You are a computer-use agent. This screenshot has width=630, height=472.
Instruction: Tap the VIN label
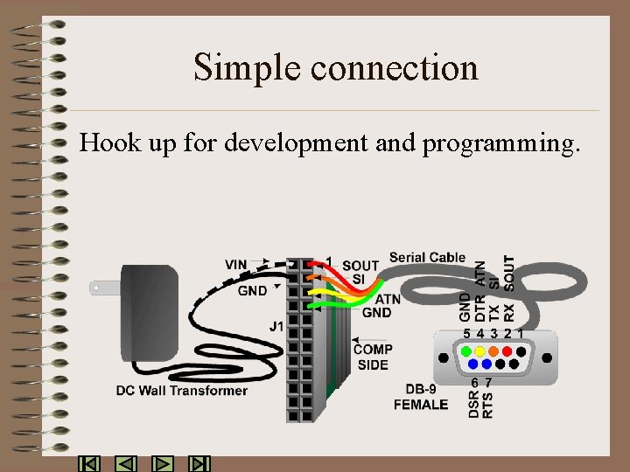(x=236, y=264)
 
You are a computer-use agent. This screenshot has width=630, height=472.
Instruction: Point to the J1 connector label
(x=276, y=327)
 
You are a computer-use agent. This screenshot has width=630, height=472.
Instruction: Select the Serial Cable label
(x=427, y=257)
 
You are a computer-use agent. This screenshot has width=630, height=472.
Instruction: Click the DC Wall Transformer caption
(x=182, y=391)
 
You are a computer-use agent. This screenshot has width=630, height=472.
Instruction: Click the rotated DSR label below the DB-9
(x=474, y=403)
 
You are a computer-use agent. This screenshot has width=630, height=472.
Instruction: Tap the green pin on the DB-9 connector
(x=465, y=351)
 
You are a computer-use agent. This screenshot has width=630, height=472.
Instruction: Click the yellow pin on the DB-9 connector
(x=480, y=351)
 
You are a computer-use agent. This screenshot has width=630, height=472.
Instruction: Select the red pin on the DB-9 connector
(x=508, y=351)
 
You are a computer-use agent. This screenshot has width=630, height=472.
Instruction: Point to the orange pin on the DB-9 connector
(x=494, y=351)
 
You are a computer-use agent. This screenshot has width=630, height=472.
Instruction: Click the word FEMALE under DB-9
(x=420, y=405)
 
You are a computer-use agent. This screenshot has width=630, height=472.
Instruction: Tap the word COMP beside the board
(x=373, y=350)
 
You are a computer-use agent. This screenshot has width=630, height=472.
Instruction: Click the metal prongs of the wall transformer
(x=102, y=287)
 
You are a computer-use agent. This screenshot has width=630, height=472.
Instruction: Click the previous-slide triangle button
(x=126, y=464)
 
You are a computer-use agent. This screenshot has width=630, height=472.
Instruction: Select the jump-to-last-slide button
(x=200, y=464)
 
